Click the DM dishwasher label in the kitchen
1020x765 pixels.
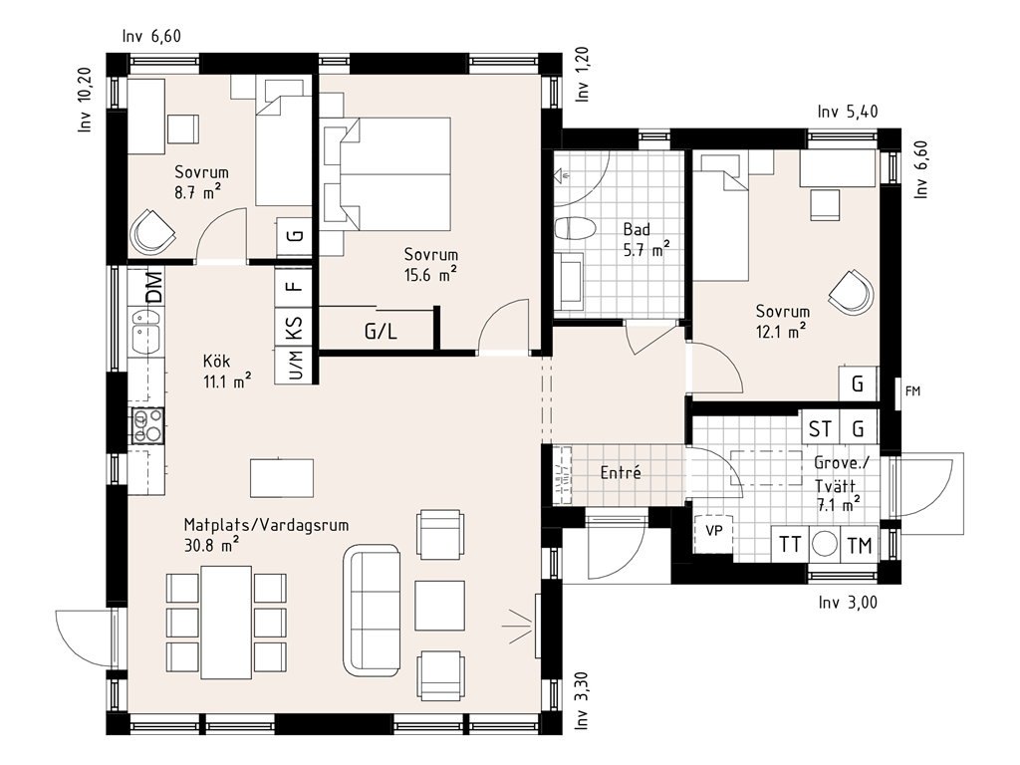153,287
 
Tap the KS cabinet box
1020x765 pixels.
294,327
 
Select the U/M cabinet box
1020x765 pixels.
294,365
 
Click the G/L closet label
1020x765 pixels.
381,332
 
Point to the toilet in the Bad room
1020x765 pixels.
575,228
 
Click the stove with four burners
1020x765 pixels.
147,426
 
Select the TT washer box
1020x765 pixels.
790,545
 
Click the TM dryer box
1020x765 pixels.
860,545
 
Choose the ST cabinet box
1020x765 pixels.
820,428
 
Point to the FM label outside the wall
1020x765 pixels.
912,390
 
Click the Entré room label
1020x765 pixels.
621,473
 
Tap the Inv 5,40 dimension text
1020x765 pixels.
848,112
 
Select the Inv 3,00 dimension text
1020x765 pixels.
848,603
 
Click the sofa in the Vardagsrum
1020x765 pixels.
371,611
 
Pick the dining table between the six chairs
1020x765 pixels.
226,623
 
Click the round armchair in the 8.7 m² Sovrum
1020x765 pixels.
152,231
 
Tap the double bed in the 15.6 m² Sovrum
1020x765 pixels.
386,173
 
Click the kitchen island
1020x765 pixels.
282,477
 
